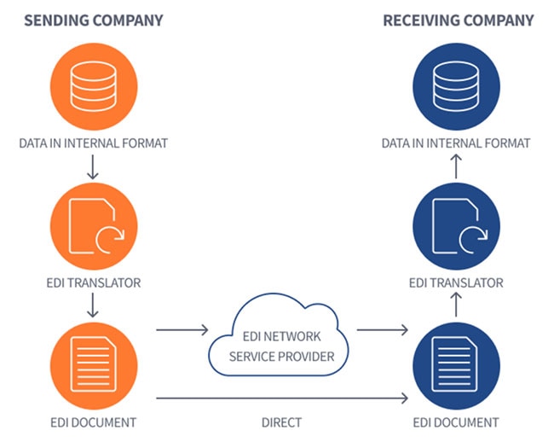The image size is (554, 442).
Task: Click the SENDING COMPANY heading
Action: [x=94, y=20]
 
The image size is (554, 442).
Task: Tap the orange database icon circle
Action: [x=94, y=85]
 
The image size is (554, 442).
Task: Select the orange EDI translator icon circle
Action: [x=94, y=225]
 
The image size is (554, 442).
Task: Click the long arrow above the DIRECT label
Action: [x=281, y=397]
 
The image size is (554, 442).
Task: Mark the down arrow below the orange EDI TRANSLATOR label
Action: [x=94, y=305]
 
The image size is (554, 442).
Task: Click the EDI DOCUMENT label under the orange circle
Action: [x=94, y=422]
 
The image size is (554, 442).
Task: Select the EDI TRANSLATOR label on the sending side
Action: [x=94, y=282]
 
